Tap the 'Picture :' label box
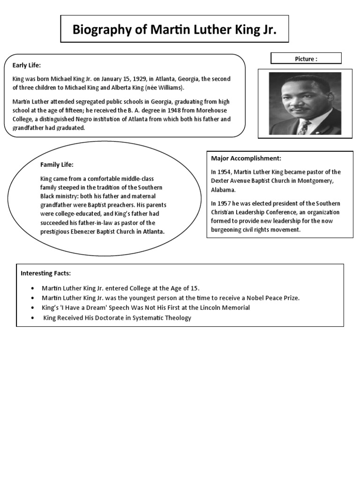306,59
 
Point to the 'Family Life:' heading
57,165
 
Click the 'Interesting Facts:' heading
45,273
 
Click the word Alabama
223,190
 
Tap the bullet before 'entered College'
32,288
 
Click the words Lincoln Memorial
225,308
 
